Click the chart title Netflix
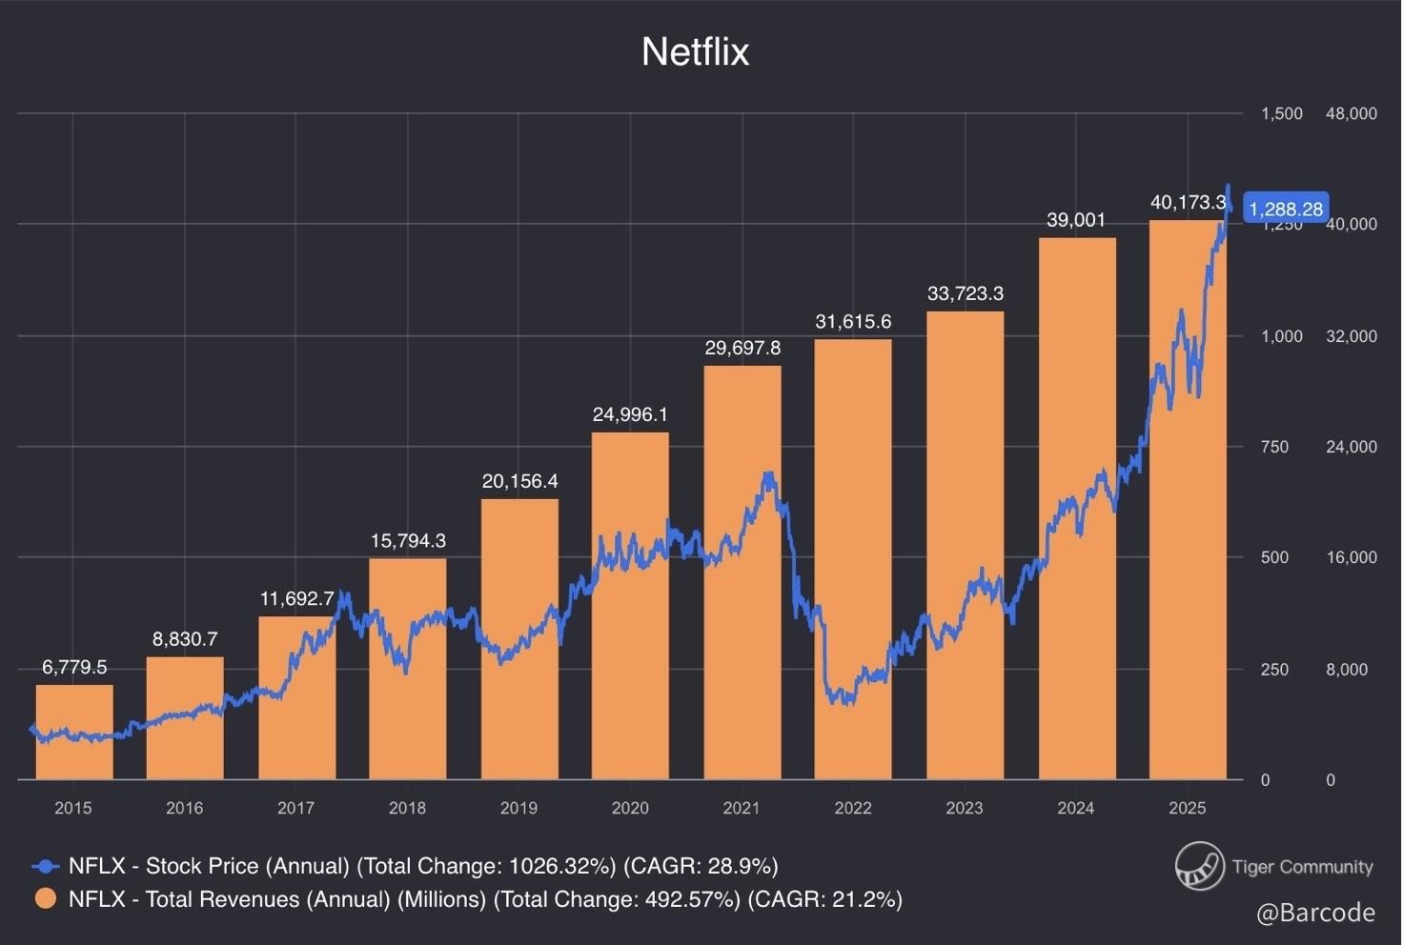(x=695, y=51)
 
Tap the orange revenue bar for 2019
(x=519, y=638)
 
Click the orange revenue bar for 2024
(x=1076, y=509)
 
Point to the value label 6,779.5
(x=74, y=667)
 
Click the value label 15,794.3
(x=408, y=541)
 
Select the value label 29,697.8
(x=742, y=349)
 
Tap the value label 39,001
(x=1076, y=220)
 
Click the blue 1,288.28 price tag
(x=1285, y=209)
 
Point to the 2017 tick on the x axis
(x=295, y=808)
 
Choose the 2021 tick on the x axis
(x=742, y=808)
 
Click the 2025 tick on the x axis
(x=1187, y=808)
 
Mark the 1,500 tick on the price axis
(x=1281, y=113)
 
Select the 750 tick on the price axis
(x=1274, y=447)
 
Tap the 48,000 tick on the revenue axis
(x=1351, y=113)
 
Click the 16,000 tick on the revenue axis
(x=1351, y=557)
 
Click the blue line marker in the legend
(x=45, y=866)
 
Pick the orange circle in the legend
(x=45, y=899)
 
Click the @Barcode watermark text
(x=1315, y=913)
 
